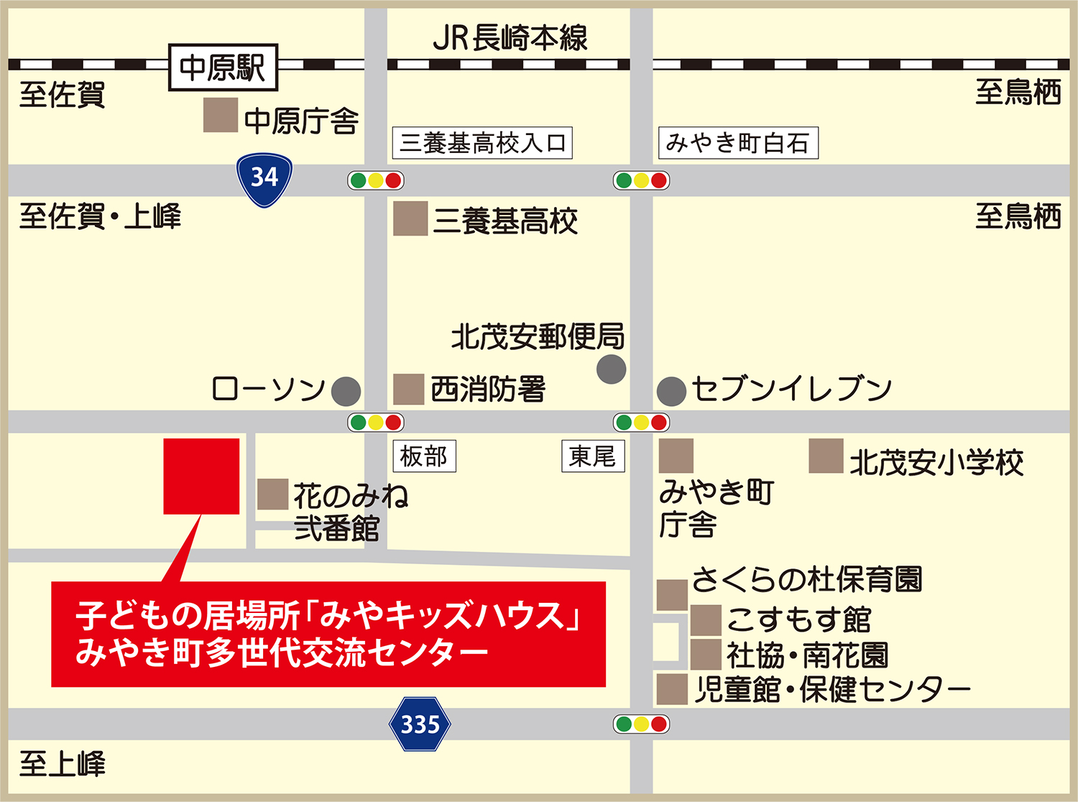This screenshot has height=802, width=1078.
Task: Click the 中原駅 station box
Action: click(223, 68)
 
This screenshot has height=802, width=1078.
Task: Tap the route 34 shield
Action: click(264, 178)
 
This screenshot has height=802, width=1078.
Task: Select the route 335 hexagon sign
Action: click(420, 724)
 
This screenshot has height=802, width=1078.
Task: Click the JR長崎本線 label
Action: click(510, 38)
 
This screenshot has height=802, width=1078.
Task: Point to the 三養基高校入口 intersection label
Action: click(482, 143)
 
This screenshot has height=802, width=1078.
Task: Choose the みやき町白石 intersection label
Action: click(738, 143)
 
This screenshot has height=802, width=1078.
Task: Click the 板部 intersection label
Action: click(424, 456)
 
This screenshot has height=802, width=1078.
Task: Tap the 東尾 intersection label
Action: click(593, 456)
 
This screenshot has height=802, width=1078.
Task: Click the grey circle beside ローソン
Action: click(346, 392)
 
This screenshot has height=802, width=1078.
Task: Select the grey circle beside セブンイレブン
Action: click(671, 392)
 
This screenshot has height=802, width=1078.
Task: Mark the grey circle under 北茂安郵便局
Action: click(612, 369)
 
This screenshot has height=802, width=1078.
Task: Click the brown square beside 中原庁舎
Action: click(220, 115)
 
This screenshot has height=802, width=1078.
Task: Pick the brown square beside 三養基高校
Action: click(410, 218)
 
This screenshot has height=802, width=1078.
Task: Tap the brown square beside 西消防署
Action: click(408, 390)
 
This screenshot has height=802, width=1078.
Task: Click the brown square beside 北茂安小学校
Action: click(826, 456)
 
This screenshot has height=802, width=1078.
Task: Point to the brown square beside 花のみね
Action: click(272, 494)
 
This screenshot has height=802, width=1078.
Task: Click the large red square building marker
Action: click(201, 476)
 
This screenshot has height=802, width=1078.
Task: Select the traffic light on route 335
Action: click(641, 724)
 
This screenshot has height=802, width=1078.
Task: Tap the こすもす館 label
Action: click(799, 619)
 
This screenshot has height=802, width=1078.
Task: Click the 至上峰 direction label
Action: click(63, 765)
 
